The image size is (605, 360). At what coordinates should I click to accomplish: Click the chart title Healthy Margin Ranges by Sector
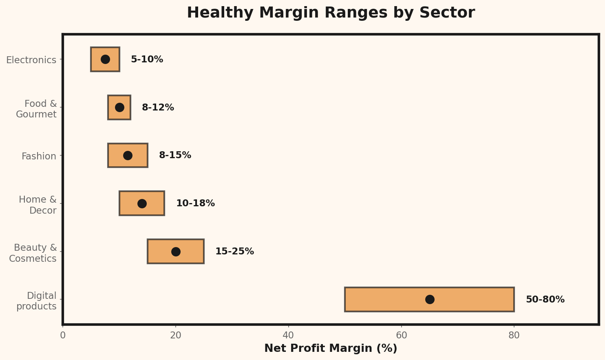click(331, 13)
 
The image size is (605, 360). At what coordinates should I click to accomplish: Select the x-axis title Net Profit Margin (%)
click(331, 349)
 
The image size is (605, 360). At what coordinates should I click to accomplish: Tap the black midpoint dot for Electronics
click(105, 60)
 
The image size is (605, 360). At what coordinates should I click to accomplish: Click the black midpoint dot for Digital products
click(430, 300)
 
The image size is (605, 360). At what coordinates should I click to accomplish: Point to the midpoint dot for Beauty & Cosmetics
click(176, 252)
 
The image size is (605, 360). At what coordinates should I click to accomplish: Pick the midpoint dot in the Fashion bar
click(128, 155)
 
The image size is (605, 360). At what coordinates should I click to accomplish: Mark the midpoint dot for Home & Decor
click(142, 203)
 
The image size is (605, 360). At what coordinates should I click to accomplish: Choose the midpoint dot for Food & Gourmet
click(119, 108)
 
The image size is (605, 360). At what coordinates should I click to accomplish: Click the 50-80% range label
click(545, 300)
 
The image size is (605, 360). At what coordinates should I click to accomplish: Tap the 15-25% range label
click(234, 252)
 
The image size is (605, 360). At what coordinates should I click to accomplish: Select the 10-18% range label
click(195, 203)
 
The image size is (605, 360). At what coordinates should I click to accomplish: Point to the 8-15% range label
click(175, 155)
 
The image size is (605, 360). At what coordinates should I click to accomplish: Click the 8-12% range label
click(158, 108)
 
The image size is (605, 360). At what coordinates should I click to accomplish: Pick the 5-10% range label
click(147, 60)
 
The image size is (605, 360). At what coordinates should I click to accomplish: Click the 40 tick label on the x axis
click(288, 335)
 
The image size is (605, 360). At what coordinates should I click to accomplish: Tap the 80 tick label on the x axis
click(514, 335)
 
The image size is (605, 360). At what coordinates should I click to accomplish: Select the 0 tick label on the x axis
click(63, 335)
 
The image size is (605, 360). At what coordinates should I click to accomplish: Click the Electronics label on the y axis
click(31, 60)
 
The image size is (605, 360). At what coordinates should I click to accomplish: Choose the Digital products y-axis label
click(37, 301)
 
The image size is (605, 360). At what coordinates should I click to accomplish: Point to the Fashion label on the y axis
click(39, 156)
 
